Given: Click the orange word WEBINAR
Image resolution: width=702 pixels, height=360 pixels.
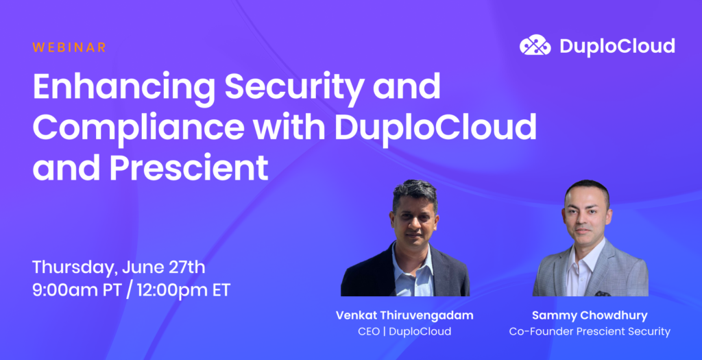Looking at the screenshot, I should (x=69, y=47).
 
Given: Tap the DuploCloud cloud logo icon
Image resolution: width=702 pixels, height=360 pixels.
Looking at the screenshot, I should (x=535, y=46).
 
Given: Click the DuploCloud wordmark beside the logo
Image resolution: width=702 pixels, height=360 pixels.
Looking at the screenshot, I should (x=616, y=46).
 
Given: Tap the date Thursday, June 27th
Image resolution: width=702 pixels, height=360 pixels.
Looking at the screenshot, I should (x=119, y=266).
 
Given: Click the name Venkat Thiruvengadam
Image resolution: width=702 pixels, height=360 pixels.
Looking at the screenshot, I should (x=404, y=315).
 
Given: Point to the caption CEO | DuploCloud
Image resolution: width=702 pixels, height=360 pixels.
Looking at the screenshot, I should (x=404, y=332).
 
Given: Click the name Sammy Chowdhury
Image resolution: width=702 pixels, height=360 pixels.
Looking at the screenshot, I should (x=590, y=315).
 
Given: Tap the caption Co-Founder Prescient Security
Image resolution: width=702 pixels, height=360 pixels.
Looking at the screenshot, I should (x=590, y=332).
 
